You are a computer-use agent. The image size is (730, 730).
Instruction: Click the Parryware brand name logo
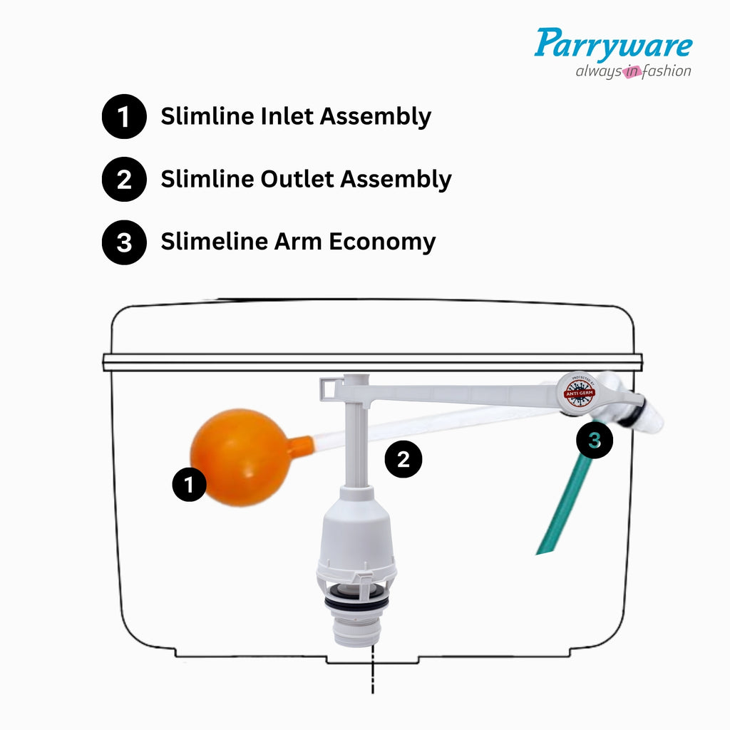pos(613,44)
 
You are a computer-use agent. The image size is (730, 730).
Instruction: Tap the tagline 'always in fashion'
pos(633,71)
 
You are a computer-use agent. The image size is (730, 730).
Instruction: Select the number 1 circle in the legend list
pos(124,116)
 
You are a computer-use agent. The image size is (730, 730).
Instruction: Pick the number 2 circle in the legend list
pos(124,179)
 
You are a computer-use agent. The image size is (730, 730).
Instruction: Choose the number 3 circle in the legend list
pos(124,242)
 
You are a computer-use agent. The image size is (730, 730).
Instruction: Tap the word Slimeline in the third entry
pos(215,242)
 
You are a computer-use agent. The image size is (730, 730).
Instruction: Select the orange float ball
pos(238,457)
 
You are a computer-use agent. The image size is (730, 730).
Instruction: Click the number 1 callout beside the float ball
pos(189,485)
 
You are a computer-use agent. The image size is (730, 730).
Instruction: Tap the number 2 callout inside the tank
pos(403,460)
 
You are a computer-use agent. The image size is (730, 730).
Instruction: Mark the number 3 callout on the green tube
pos(595,441)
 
